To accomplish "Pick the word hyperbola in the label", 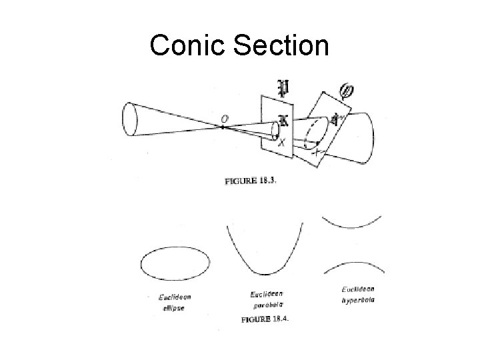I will click(x=358, y=301).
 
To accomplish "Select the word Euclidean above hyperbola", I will click(x=358, y=289).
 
